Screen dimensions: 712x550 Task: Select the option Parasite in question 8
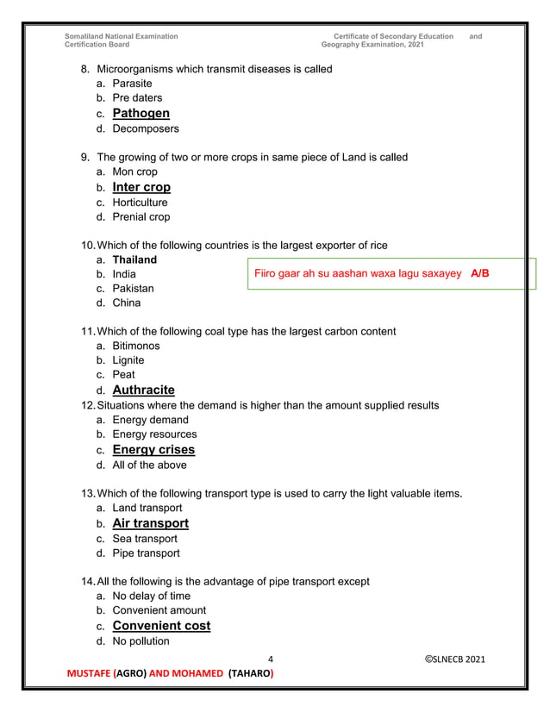[132, 84]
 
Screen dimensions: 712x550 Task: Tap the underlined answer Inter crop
[141, 187]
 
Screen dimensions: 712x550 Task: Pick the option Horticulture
[140, 203]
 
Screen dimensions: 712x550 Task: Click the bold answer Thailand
[134, 259]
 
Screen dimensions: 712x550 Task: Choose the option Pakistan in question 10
[133, 289]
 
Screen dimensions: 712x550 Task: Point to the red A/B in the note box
[480, 274]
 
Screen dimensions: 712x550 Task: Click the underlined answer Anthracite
[143, 390]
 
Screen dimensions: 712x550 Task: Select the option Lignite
[128, 360]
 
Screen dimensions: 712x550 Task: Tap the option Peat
[123, 375]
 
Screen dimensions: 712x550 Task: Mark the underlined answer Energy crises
[153, 450]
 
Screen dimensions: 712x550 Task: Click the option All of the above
[149, 465]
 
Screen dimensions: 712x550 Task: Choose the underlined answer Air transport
[150, 523]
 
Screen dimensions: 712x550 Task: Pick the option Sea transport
[145, 539]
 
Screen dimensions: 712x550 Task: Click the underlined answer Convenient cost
[161, 626]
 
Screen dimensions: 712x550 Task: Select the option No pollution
[141, 641]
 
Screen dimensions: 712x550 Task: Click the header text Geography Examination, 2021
[372, 45]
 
